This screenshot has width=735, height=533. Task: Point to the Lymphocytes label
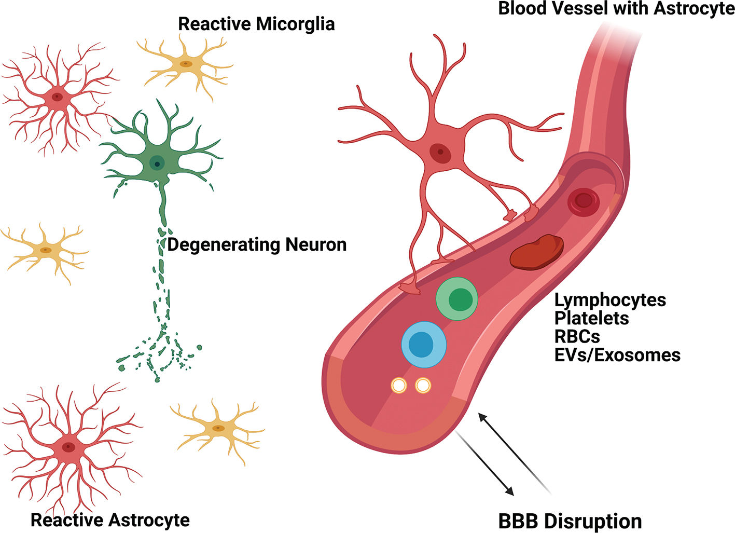pyautogui.click(x=610, y=300)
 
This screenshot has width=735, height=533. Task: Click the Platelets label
pyautogui.click(x=591, y=318)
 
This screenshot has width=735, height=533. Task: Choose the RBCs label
pyautogui.click(x=577, y=336)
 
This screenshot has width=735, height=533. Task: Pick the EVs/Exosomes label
pyautogui.click(x=617, y=355)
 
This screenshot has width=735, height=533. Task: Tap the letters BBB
pyautogui.click(x=518, y=521)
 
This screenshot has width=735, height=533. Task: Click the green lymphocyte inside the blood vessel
pyautogui.click(x=457, y=299)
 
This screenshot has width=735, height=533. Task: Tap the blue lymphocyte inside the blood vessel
pyautogui.click(x=424, y=344)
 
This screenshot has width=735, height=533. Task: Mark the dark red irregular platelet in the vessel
pyautogui.click(x=537, y=252)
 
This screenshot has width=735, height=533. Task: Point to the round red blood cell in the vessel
pyautogui.click(x=584, y=201)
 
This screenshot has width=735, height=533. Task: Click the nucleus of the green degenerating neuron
pyautogui.click(x=157, y=163)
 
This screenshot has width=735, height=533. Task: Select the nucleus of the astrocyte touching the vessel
pyautogui.click(x=440, y=153)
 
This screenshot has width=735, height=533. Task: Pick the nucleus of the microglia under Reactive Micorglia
pyautogui.click(x=186, y=64)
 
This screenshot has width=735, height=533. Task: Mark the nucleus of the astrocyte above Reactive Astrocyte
pyautogui.click(x=68, y=447)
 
